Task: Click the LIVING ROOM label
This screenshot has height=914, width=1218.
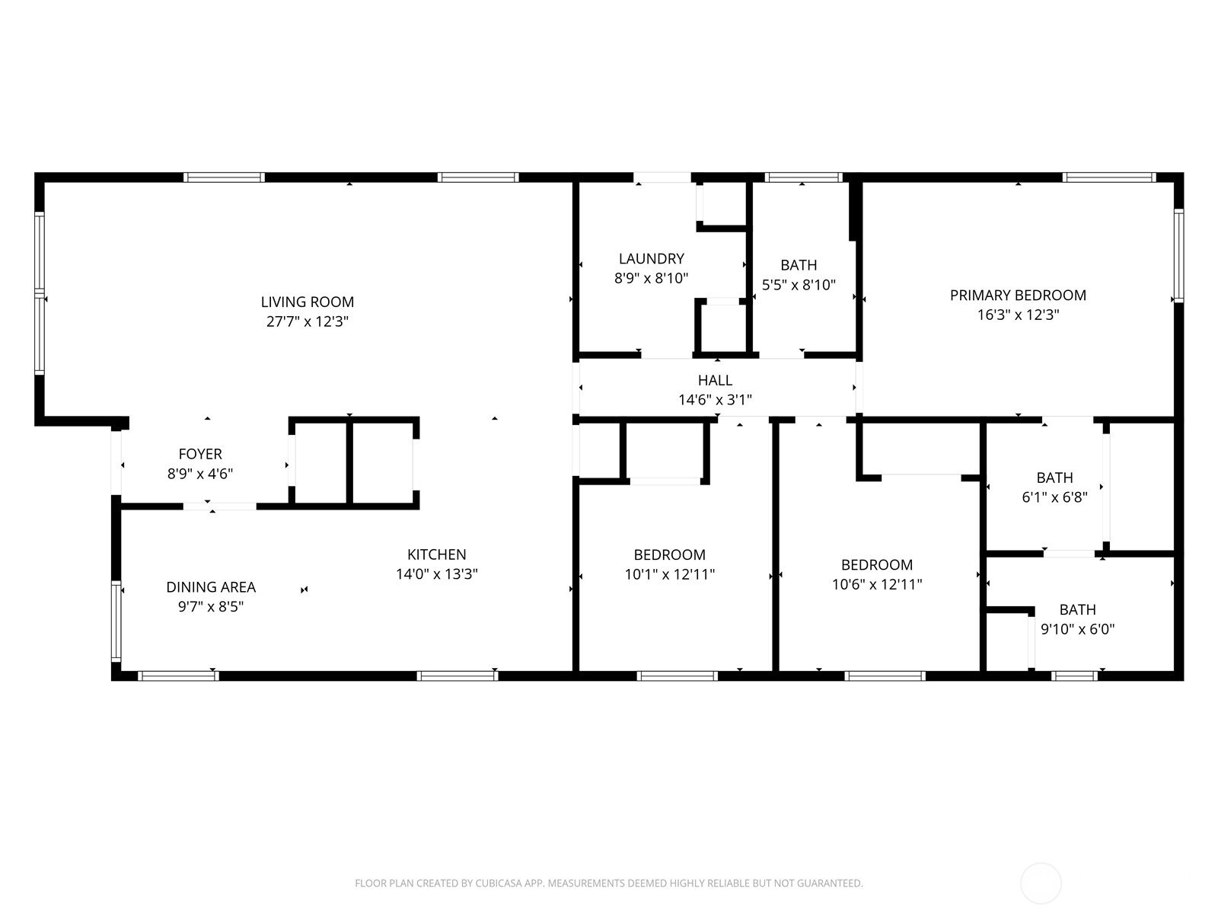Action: point(307,302)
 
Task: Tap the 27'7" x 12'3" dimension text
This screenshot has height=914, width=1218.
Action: point(307,321)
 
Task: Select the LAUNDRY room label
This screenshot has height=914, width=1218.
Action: point(651,259)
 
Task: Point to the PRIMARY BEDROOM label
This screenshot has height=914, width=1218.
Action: point(1018,296)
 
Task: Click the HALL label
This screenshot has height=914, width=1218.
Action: point(715,380)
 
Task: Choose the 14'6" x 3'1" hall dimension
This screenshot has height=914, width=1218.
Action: point(715,400)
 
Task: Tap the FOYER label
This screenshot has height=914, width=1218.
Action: point(199,454)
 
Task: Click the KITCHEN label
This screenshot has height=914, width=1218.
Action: point(436,554)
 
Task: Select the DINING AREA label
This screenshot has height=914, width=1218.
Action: point(211,587)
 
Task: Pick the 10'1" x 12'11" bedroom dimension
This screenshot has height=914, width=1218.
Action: point(669,574)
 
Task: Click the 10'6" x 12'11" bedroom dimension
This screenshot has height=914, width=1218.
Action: point(877,584)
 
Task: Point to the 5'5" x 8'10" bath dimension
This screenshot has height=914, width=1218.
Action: point(799,285)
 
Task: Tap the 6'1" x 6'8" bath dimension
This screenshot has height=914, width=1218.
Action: point(1054,497)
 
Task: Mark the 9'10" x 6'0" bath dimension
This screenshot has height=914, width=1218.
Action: point(1078,629)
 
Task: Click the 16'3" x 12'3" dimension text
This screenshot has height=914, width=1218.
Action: point(1018,315)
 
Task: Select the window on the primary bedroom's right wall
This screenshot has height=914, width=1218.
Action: point(1178,256)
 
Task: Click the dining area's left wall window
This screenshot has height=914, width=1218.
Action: point(116,622)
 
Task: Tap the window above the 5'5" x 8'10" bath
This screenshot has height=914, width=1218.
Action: point(803,177)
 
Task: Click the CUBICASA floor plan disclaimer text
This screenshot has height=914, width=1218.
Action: point(609,883)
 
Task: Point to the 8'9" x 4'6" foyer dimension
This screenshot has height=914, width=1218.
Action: point(199,473)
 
